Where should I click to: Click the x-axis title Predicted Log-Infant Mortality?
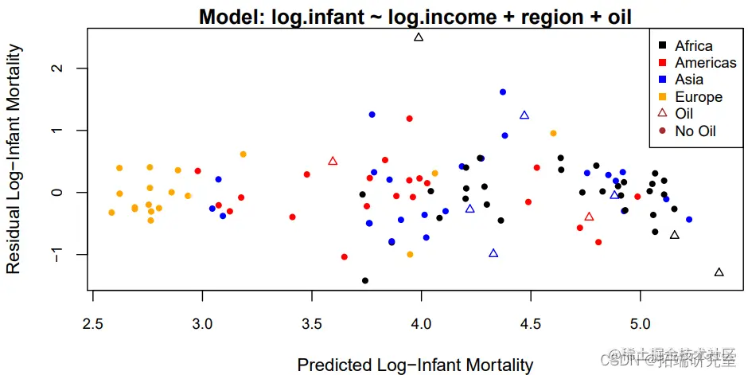[x=415, y=365]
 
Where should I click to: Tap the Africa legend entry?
[x=693, y=46]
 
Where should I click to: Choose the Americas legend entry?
[x=705, y=63]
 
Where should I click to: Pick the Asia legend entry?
[x=689, y=80]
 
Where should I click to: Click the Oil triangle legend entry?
[x=684, y=114]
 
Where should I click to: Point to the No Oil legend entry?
[x=695, y=131]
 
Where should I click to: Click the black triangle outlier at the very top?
[x=419, y=37]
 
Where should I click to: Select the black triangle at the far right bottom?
[x=719, y=272]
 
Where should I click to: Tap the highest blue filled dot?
[x=503, y=92]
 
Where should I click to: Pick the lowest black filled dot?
[x=365, y=280]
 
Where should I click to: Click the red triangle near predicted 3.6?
[x=333, y=161]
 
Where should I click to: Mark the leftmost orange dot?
[x=111, y=213]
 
